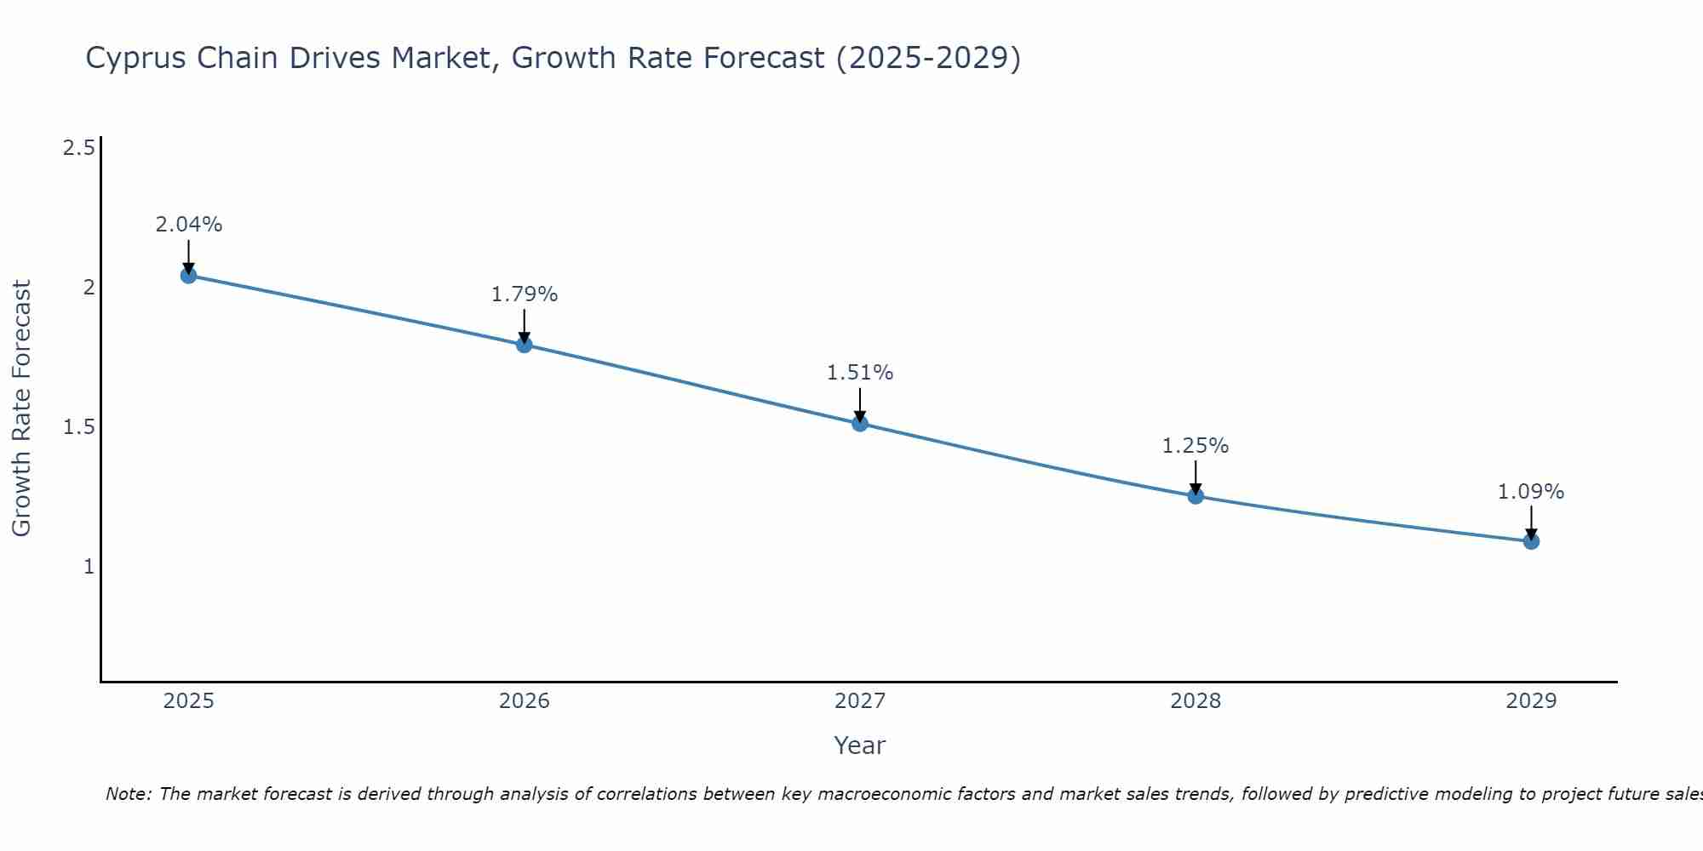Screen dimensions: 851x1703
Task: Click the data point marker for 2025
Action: tap(188, 275)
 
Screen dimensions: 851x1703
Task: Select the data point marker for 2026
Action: tap(525, 345)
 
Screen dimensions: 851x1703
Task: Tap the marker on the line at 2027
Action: tap(860, 423)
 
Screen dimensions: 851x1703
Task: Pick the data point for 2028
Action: tap(1196, 495)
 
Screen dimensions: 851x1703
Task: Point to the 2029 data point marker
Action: tap(1531, 540)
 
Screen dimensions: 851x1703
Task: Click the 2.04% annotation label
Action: tap(188, 225)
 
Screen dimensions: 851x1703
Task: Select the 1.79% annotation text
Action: tap(525, 294)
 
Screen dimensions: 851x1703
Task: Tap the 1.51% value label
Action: tap(860, 373)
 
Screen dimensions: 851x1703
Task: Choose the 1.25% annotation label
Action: tap(1196, 446)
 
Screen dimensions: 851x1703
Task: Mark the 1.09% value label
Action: tap(1531, 492)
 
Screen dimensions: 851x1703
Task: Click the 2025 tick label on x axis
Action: tap(188, 701)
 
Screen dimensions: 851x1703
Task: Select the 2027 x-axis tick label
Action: tap(860, 701)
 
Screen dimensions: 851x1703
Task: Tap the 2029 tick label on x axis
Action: tap(1531, 701)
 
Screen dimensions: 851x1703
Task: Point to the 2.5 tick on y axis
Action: tap(78, 148)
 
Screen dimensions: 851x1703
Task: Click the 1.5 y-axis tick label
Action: tap(78, 427)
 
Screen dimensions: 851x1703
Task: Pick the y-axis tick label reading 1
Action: tap(89, 566)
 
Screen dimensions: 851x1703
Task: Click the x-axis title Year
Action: tap(860, 745)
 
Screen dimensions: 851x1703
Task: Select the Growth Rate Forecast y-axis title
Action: tap(21, 408)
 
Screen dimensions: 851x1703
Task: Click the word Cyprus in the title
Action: tap(136, 58)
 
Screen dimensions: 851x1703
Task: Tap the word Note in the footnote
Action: tap(127, 794)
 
